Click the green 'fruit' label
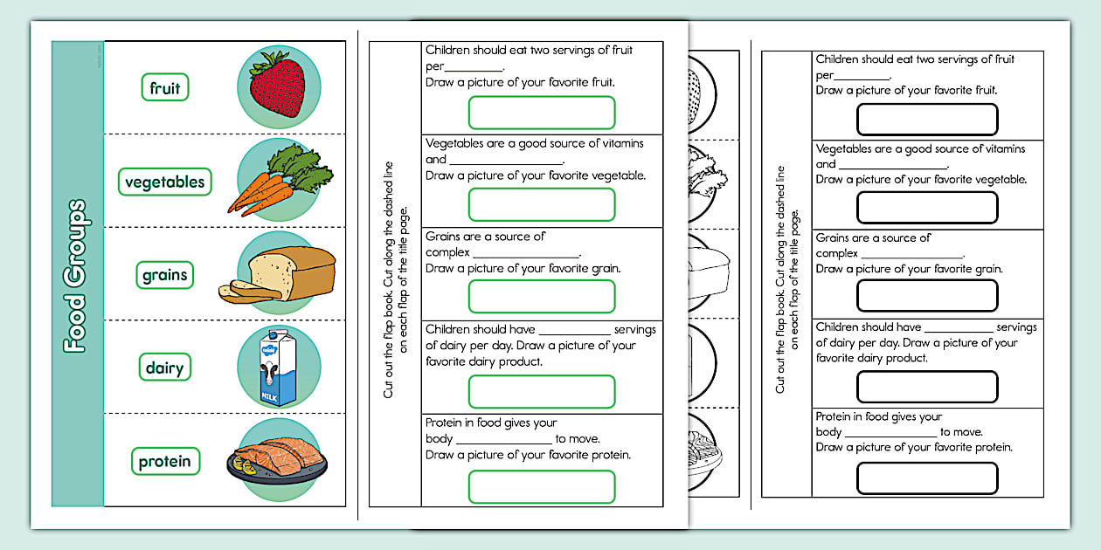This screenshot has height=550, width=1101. click(165, 87)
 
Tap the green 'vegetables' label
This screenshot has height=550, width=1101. click(164, 182)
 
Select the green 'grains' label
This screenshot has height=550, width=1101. click(165, 275)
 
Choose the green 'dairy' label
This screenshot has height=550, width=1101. click(164, 368)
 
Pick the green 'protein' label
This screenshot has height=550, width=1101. click(164, 461)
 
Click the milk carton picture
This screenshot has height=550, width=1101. click(277, 368)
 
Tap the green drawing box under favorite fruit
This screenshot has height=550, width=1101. click(542, 113)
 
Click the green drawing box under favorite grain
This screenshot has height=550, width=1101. click(542, 297)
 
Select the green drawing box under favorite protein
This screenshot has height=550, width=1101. click(542, 487)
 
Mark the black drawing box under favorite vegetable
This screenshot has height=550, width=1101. click(927, 208)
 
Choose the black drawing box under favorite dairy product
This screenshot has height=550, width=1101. click(927, 387)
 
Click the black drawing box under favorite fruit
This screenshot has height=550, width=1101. click(927, 120)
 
